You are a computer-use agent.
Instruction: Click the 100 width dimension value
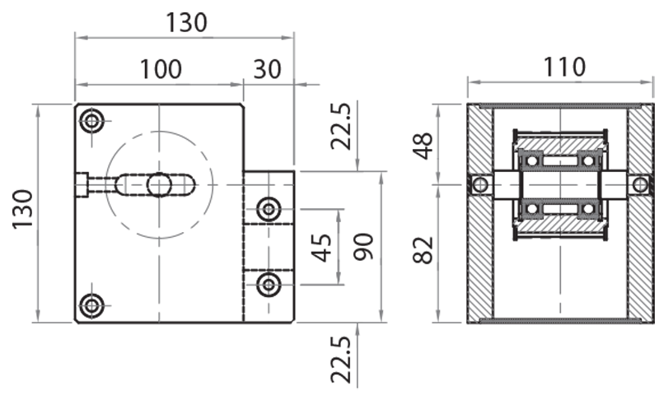161,69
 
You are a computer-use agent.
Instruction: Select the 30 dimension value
268,69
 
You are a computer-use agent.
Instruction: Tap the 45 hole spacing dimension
324,247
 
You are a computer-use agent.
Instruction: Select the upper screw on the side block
268,210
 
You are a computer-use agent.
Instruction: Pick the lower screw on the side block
268,286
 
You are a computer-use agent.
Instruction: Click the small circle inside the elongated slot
159,185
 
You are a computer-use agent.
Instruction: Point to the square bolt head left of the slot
81,185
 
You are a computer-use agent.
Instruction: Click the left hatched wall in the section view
479,247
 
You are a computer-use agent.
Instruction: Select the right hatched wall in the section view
640,247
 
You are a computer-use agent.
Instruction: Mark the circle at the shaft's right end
640,185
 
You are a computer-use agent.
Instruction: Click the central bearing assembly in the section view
560,185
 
